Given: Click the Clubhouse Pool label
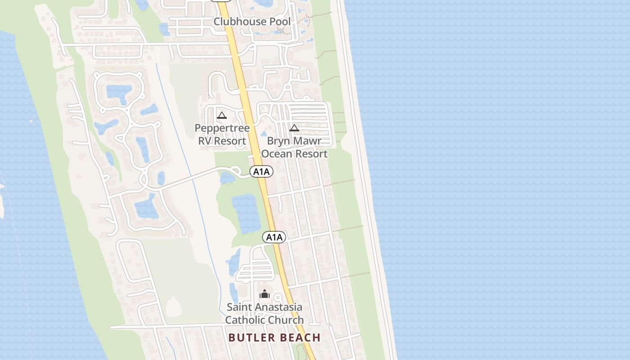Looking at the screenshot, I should click(x=252, y=21).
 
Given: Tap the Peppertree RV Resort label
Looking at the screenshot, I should click(x=222, y=134).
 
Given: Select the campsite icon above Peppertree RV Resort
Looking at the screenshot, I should click(x=221, y=116).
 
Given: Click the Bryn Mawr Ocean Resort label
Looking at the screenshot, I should click(x=294, y=147).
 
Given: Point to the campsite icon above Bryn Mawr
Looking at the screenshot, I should click(x=294, y=128).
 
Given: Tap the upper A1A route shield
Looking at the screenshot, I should click(x=261, y=171).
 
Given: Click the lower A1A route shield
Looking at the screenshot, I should click(x=274, y=237).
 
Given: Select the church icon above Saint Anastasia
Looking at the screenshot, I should click(x=265, y=294).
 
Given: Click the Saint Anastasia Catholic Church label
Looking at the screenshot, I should click(x=265, y=314).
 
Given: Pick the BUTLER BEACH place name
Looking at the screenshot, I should click(x=274, y=337).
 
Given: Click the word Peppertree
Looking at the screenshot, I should click(x=222, y=128).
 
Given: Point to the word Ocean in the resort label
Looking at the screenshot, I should click(x=276, y=154).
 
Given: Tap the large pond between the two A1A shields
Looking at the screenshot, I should click(x=246, y=213).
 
